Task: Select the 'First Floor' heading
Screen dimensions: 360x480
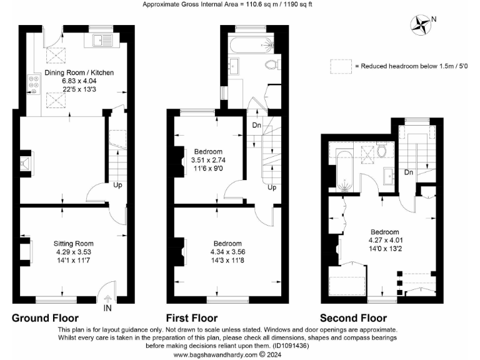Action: point(192,317)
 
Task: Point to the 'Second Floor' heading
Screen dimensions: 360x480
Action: point(353,317)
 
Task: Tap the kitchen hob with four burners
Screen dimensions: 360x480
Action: point(32,84)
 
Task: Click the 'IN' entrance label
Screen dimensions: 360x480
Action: point(107,308)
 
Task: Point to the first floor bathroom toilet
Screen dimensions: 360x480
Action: point(271,64)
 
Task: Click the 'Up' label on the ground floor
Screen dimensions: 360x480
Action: point(117,185)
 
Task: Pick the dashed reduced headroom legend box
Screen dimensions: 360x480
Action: point(341,66)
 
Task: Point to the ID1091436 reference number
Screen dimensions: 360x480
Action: point(292,346)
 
